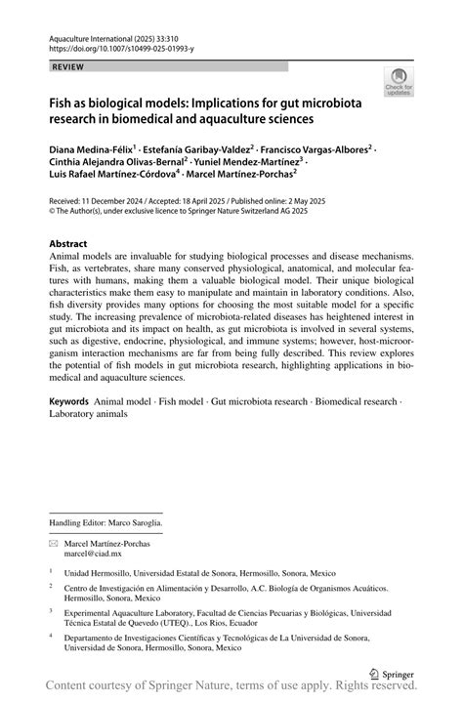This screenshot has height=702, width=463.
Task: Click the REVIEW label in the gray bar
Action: pyautogui.click(x=65, y=66)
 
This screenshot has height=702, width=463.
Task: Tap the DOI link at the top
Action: pyautogui.click(x=113, y=46)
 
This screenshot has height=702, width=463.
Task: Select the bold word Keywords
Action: pyautogui.click(x=69, y=400)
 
